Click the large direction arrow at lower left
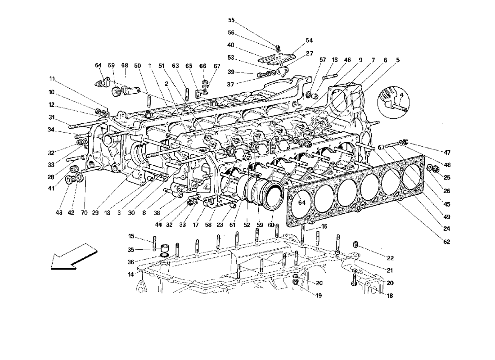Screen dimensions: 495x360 pyautogui.click(x=74, y=256)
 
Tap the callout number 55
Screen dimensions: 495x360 pyautogui.click(x=231, y=20)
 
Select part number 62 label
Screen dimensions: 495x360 pyautogui.click(x=446, y=242)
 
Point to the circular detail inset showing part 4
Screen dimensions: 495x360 pyautogui.click(x=393, y=102)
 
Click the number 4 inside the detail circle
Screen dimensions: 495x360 pyautogui.click(x=402, y=95)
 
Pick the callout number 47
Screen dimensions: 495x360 pyautogui.click(x=447, y=153)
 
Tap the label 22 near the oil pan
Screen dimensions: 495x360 pyautogui.click(x=390, y=258)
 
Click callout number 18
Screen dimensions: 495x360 pyautogui.click(x=390, y=296)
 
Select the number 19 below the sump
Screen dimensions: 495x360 pyautogui.click(x=319, y=296)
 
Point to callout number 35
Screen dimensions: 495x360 pyautogui.click(x=131, y=249)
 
